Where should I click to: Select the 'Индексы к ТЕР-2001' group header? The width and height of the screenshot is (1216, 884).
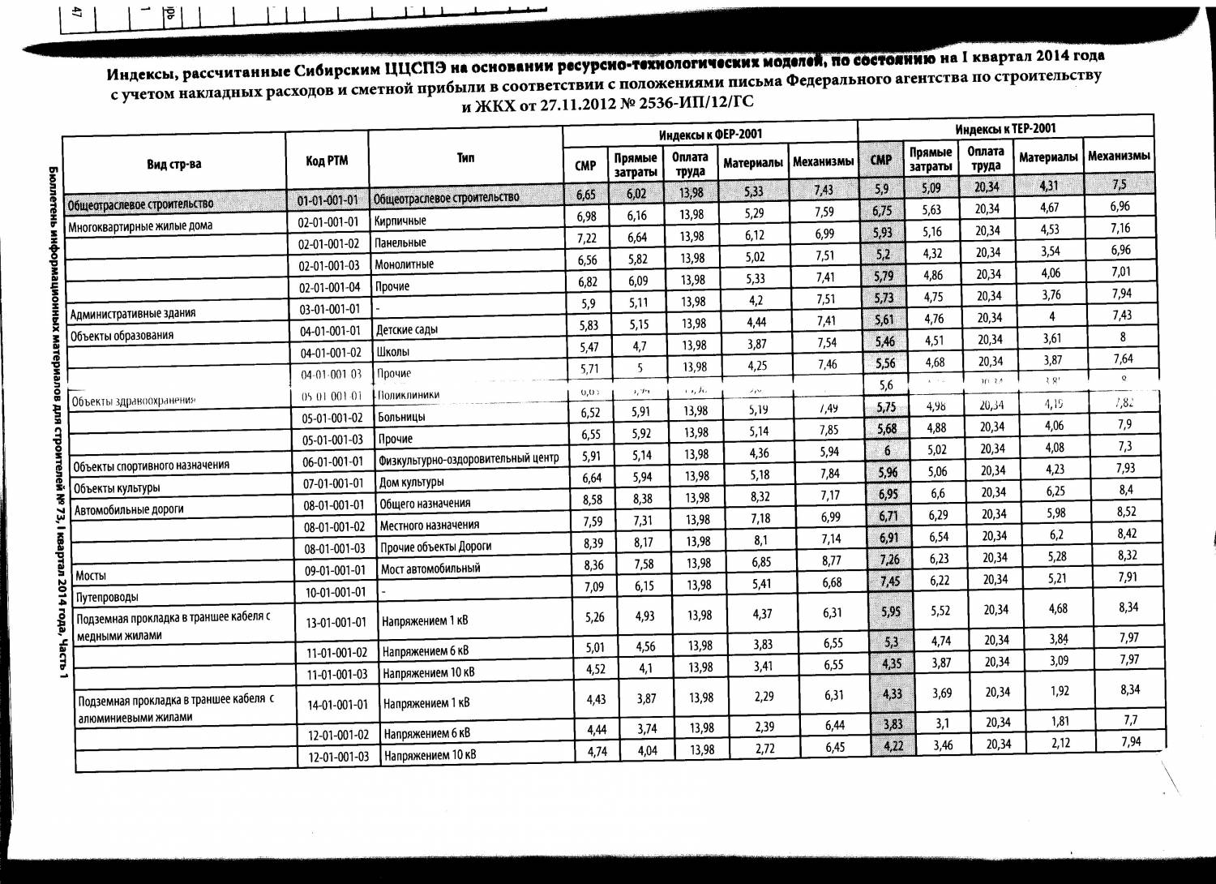point(1005,129)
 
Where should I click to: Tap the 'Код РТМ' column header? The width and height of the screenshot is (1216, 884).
point(327,161)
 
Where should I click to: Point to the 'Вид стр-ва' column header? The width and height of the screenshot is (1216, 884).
point(173,165)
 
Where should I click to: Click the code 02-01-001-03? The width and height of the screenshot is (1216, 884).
point(328,265)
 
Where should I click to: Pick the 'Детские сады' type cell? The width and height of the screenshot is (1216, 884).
point(407,330)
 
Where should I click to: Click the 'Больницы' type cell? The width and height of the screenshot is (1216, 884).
point(402,418)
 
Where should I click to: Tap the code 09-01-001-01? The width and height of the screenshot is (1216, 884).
point(335,570)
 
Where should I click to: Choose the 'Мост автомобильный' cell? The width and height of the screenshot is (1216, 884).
point(430,569)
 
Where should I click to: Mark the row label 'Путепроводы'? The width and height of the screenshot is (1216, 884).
point(106,598)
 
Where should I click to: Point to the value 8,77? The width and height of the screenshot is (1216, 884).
point(832,560)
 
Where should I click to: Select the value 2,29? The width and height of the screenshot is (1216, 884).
point(763,696)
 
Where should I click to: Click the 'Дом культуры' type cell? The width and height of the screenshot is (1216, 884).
point(412,483)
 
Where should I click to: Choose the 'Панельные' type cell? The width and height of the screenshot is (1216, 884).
point(400,242)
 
